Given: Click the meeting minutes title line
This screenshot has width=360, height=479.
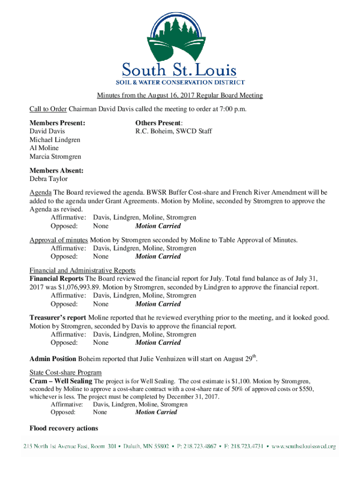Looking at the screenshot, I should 180,96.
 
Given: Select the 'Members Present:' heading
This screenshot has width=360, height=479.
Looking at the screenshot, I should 58,123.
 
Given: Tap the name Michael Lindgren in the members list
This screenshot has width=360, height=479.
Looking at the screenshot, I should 55,140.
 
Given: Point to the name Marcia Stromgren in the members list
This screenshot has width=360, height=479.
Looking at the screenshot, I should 55,157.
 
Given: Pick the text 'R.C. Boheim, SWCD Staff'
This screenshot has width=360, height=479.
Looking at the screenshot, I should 173,131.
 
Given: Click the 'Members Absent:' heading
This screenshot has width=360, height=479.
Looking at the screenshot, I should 57,171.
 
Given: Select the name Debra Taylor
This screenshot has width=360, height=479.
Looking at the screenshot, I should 49,179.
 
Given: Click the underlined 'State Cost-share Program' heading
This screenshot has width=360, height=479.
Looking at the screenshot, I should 65,373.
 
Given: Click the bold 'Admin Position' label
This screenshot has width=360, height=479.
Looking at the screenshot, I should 53,359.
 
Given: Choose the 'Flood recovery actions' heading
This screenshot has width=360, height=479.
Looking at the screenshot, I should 64,428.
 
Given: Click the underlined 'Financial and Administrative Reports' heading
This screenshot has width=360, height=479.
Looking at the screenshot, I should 83,270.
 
